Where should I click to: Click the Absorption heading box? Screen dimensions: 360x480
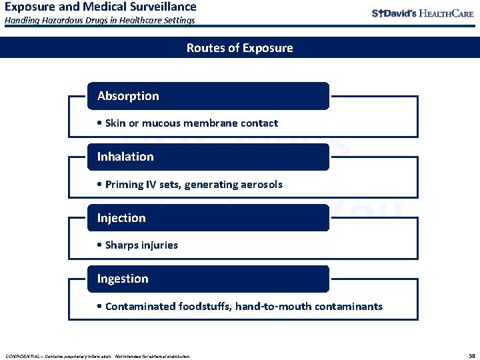(208, 96)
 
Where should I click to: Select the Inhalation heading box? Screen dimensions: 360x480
(208, 157)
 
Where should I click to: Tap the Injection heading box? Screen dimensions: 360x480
(208, 218)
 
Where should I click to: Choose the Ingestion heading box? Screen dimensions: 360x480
(208, 279)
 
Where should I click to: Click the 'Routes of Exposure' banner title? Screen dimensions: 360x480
(239, 48)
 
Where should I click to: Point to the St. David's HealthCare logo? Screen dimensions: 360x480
(422, 13)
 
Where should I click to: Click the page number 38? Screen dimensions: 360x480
(472, 355)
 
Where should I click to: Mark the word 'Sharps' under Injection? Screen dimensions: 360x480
(121, 245)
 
